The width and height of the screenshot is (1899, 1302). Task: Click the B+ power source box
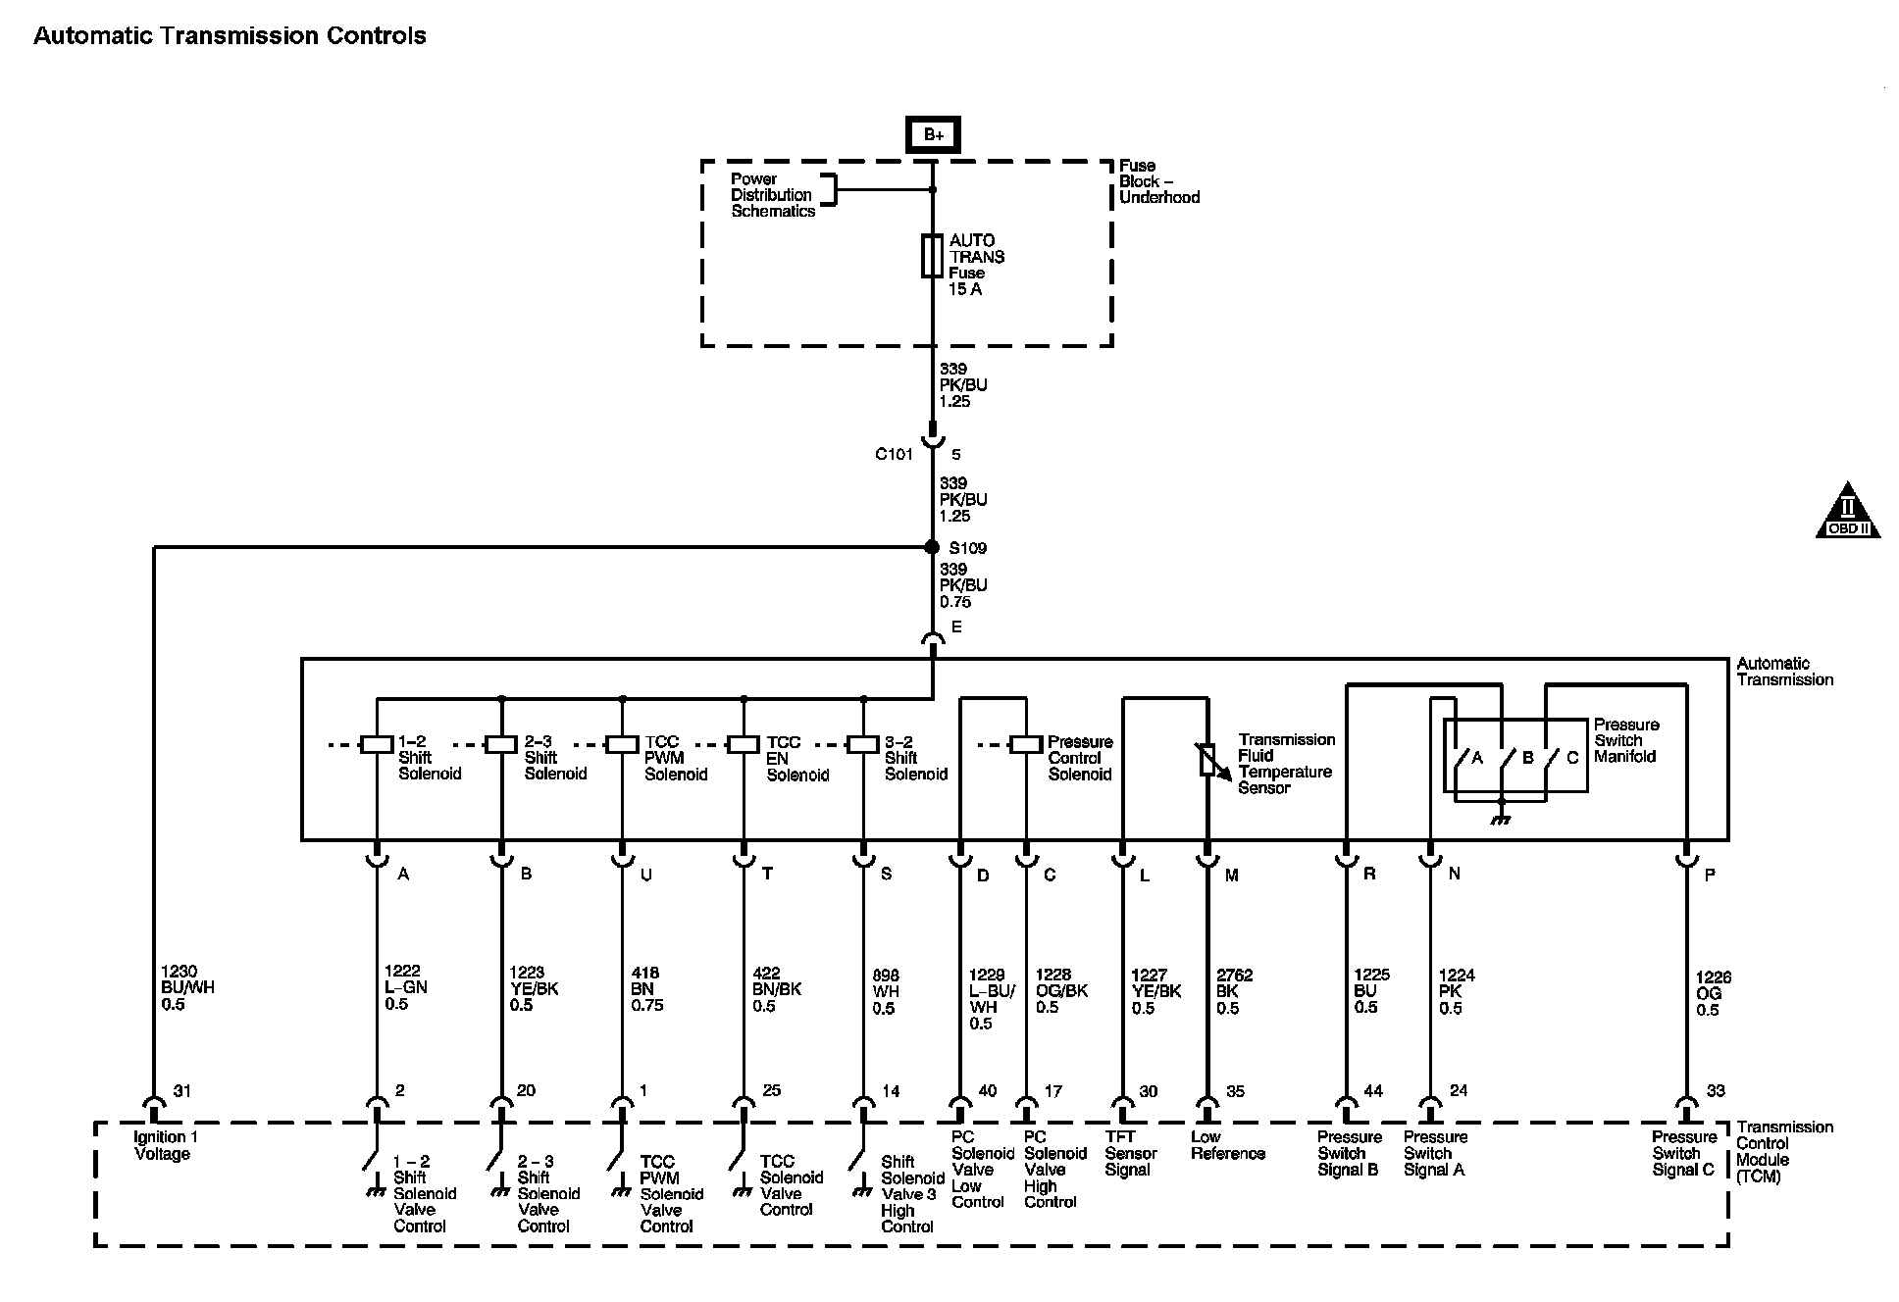click(932, 135)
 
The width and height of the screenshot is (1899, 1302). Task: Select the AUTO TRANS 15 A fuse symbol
click(932, 256)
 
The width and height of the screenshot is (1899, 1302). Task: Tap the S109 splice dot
click(932, 547)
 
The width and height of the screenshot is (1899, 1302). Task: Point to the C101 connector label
click(894, 455)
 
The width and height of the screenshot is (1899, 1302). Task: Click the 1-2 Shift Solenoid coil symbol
click(377, 744)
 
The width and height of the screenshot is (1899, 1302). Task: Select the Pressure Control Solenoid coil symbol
click(1026, 744)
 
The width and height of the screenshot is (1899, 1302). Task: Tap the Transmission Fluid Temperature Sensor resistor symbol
click(1207, 760)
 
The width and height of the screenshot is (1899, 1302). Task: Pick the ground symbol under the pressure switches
click(1501, 818)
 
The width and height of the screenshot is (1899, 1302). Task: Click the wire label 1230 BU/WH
click(186, 988)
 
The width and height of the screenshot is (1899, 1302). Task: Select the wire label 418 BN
click(646, 988)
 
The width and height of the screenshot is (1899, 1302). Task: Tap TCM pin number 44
click(1373, 1090)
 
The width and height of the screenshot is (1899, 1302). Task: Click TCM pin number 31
click(182, 1090)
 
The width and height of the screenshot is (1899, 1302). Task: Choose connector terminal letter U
click(645, 875)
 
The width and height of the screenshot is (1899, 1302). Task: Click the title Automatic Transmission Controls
click(230, 36)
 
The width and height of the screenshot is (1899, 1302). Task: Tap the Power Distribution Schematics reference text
click(773, 195)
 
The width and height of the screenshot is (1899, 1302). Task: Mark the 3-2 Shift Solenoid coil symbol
click(863, 744)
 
